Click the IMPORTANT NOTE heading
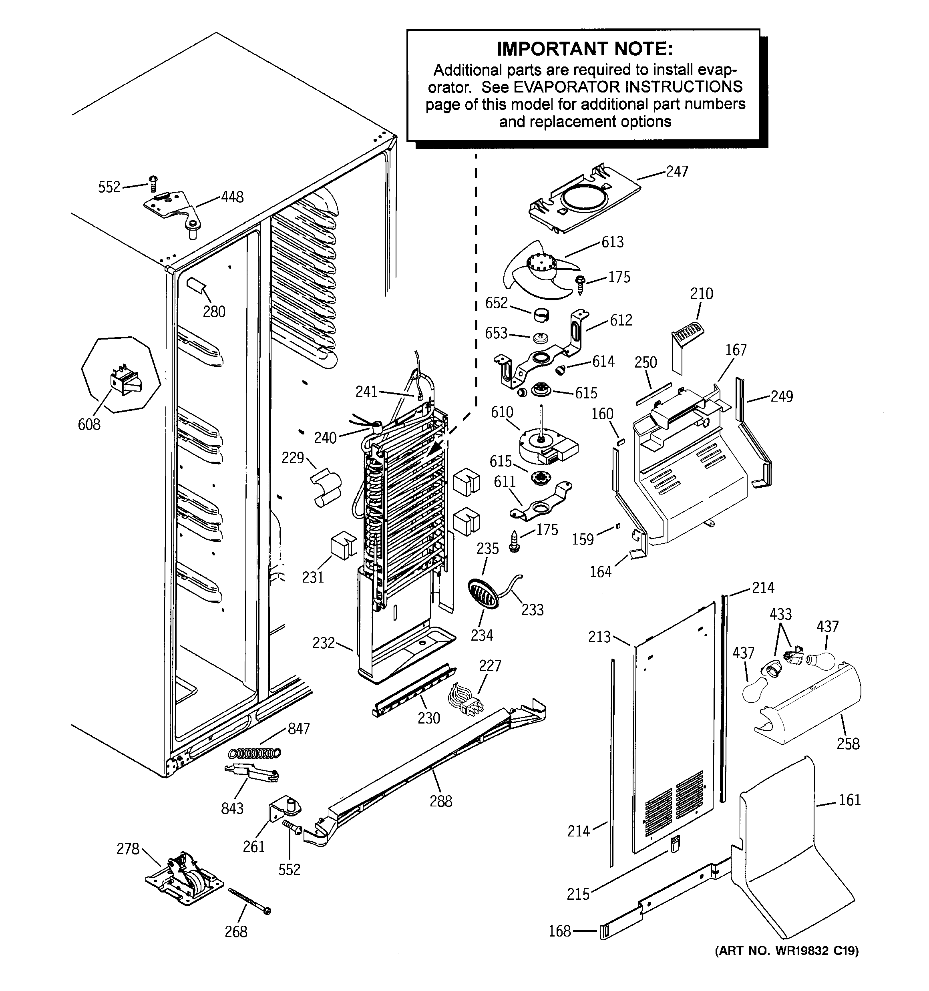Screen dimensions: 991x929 (x=584, y=49)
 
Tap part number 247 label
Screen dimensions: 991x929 (x=677, y=171)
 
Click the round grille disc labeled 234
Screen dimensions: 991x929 (x=483, y=594)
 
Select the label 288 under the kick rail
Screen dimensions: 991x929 (x=440, y=801)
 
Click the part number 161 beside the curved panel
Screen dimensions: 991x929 (x=849, y=800)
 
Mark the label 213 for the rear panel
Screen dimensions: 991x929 (x=599, y=637)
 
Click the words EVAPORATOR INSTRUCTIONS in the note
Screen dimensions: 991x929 (x=628, y=87)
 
